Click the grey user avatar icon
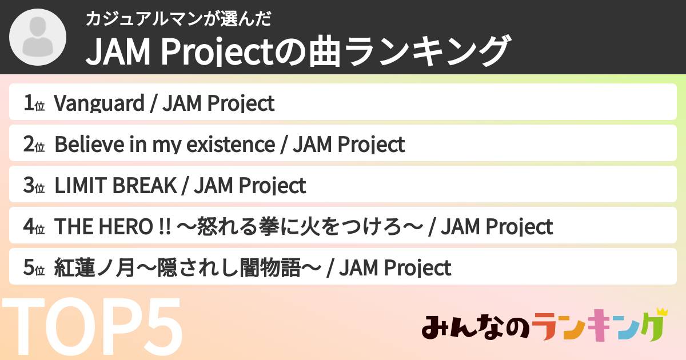tap(38, 37)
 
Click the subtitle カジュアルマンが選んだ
tap(178, 19)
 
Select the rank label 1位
tap(34, 103)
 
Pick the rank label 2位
tap(34, 145)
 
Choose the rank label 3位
tap(34, 186)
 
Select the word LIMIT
tap(80, 186)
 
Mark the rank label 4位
tap(34, 227)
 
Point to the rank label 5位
tap(34, 268)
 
